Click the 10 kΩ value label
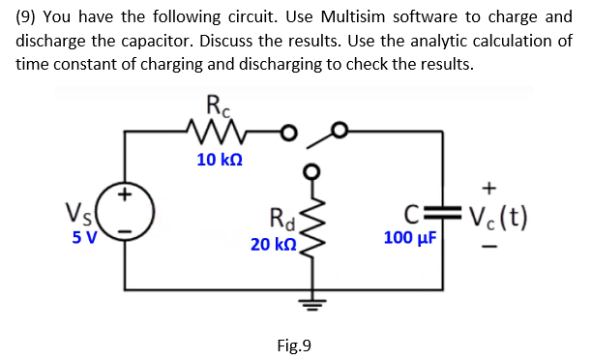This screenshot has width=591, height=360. pos(220,160)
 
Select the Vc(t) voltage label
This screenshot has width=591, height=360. pos(496,217)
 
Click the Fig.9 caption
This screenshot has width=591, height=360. pos(295,345)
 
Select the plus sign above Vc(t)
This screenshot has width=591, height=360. pos(490,185)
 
